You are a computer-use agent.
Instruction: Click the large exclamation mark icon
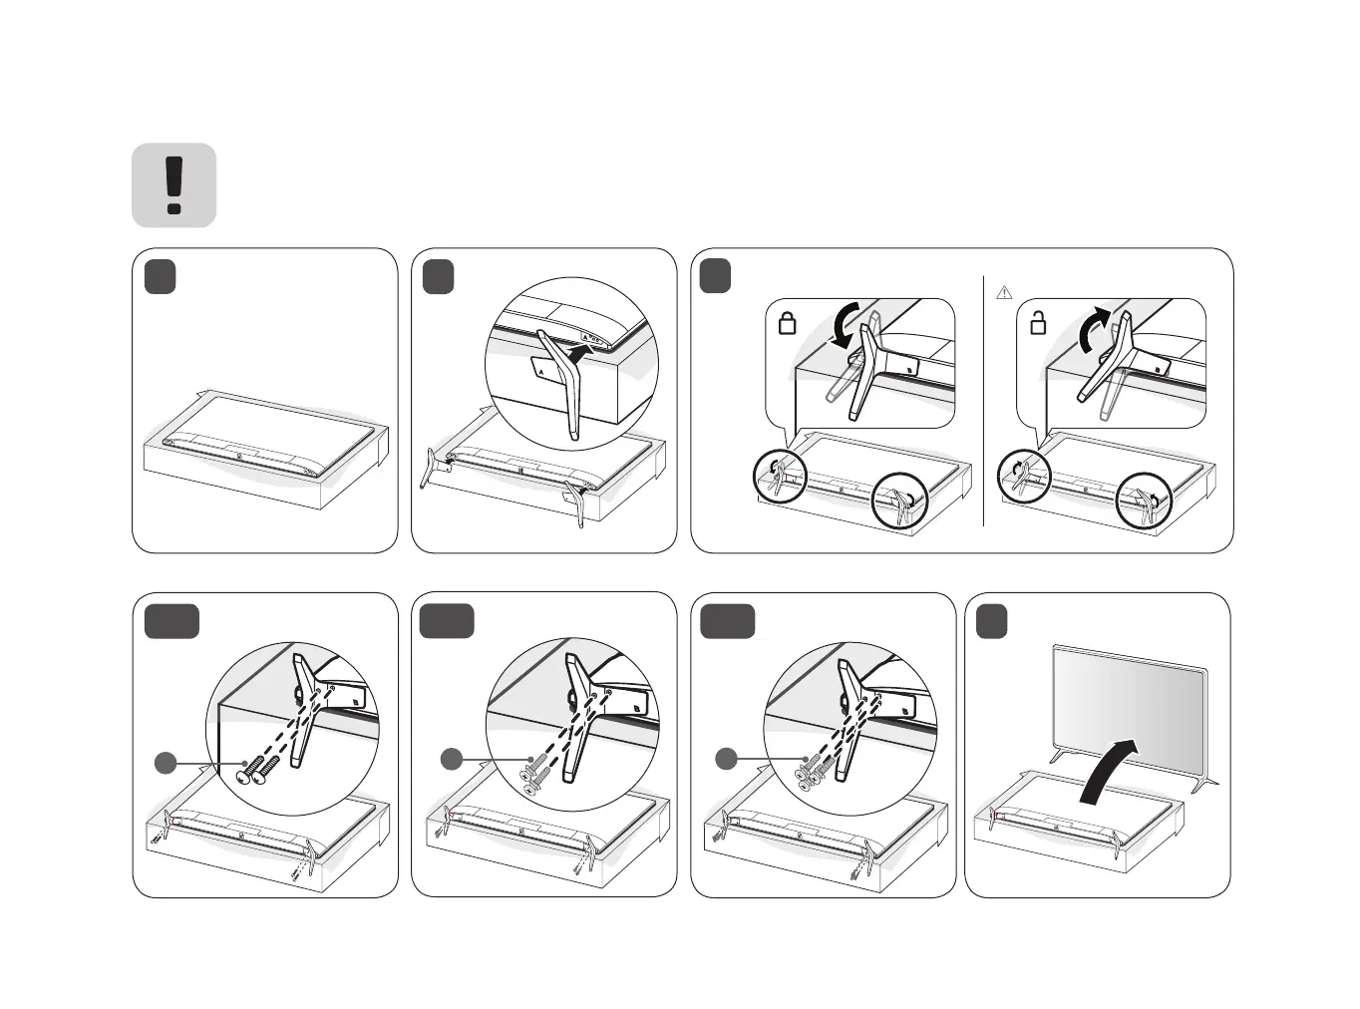[x=174, y=185]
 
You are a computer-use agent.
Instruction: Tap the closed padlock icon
[x=787, y=323]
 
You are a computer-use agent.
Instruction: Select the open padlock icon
[x=1038, y=323]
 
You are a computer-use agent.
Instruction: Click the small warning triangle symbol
[x=1004, y=292]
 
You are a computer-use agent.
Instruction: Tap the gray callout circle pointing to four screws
[x=726, y=760]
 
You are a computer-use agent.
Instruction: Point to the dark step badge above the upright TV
[x=991, y=621]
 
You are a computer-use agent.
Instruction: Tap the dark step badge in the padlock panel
[x=714, y=276]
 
